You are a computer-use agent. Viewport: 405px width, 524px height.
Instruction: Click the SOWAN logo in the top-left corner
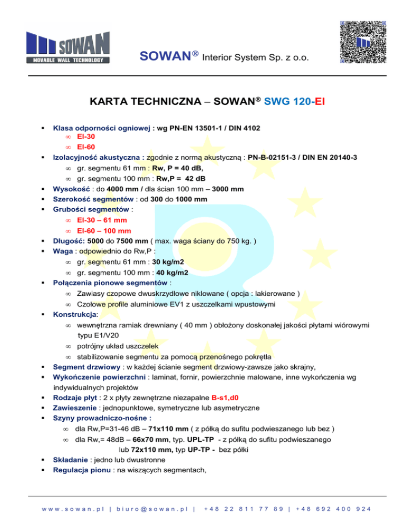pyautogui.click(x=68, y=47)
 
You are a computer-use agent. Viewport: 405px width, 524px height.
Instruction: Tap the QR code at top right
pyautogui.click(x=364, y=42)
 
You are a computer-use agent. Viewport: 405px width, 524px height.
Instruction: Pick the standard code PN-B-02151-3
pyautogui.click(x=282, y=157)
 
